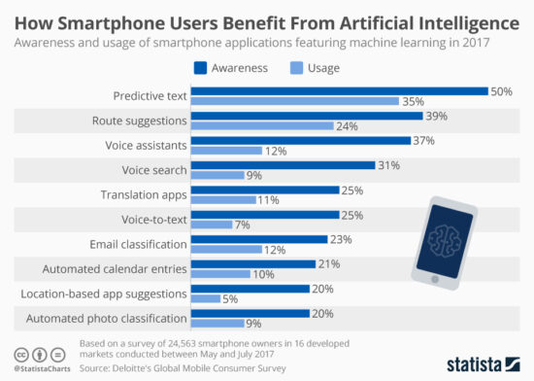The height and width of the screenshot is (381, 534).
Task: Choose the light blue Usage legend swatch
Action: tap(297, 69)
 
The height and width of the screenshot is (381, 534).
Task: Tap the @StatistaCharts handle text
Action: tap(42, 368)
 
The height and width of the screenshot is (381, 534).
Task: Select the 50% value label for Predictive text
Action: tap(502, 90)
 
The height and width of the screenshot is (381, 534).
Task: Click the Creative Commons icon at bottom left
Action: tap(19, 353)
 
